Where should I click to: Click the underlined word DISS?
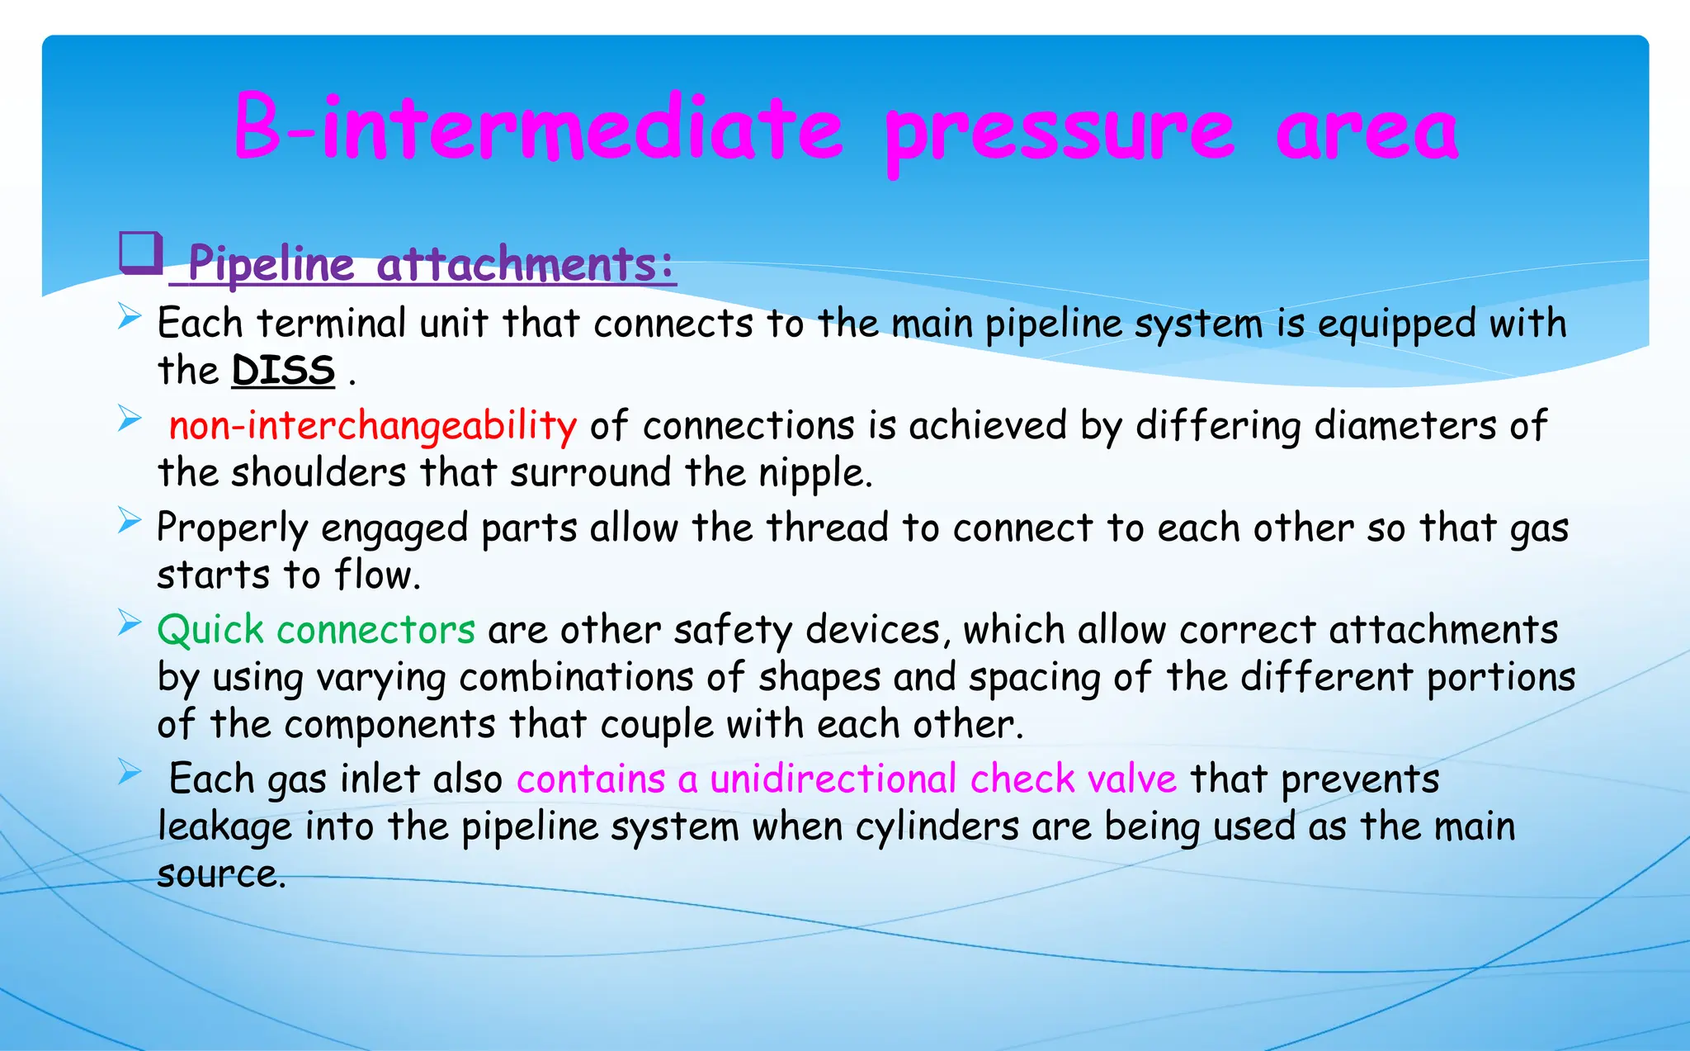[x=283, y=371]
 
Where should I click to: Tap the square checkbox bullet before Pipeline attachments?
[x=140, y=253]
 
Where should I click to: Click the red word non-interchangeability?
[x=372, y=426]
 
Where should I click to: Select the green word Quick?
[x=210, y=631]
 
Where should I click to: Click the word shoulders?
[x=319, y=473]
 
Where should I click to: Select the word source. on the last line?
[x=221, y=874]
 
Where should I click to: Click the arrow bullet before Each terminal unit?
[x=130, y=315]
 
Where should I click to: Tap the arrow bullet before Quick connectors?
[x=130, y=623]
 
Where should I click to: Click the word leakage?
[x=224, y=827]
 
